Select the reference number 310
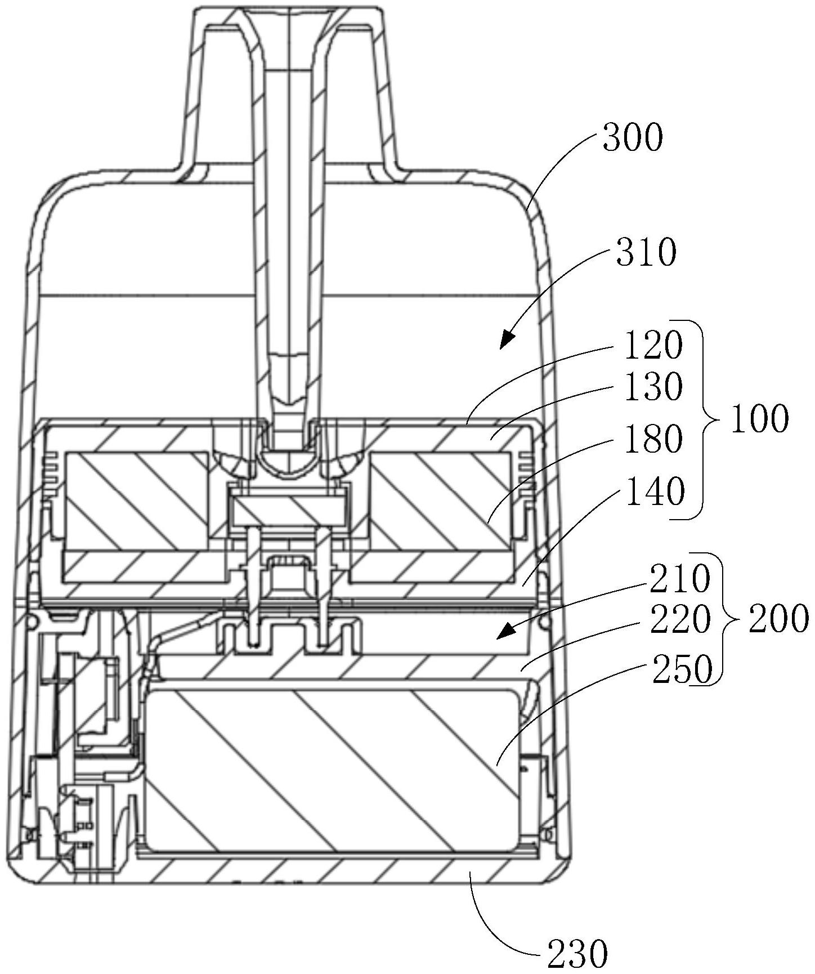click(646, 253)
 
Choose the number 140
click(654, 492)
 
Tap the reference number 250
click(682, 670)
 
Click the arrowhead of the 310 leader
click(507, 339)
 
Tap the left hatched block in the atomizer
click(137, 501)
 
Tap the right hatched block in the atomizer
click(441, 501)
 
